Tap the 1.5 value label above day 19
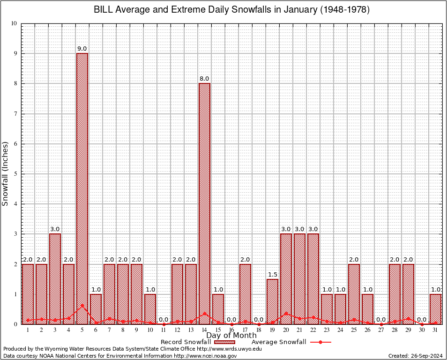pos(272,274)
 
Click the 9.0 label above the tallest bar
pos(82,49)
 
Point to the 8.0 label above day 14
pos(204,79)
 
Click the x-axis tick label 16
pos(231,330)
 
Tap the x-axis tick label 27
pos(381,330)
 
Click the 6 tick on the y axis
pos(15,144)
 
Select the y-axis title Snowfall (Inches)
pos(6,173)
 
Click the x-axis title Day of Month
pos(231,336)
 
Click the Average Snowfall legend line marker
pos(320,342)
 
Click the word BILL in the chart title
pos(104,10)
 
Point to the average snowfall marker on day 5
pos(82,306)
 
